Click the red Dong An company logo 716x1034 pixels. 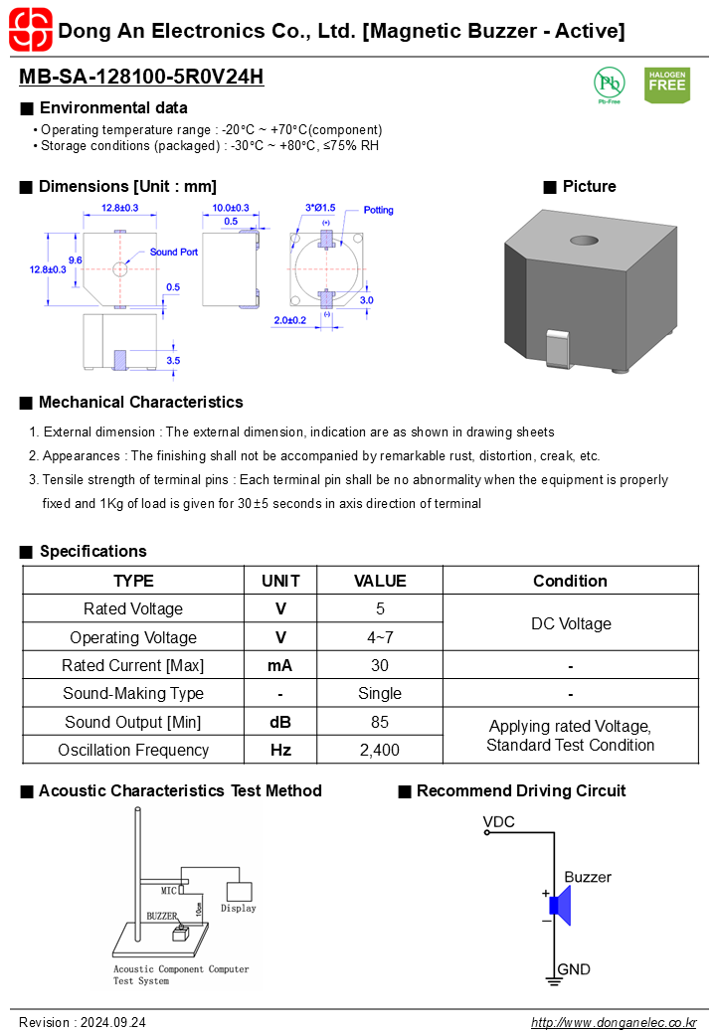[x=30, y=30]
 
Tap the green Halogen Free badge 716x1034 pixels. [x=666, y=86]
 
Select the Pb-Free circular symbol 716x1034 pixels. [x=610, y=84]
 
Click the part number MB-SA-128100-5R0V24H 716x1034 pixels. [x=141, y=77]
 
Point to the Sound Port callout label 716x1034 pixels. [x=173, y=252]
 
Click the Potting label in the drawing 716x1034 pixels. [x=379, y=210]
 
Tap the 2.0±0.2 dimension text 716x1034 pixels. [x=290, y=320]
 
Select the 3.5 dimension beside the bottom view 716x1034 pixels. [x=173, y=361]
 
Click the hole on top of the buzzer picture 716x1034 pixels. [x=584, y=241]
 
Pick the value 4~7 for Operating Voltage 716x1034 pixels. [x=380, y=637]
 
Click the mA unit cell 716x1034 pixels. [x=280, y=665]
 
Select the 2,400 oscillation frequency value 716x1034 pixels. [x=380, y=750]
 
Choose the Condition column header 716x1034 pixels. [x=570, y=581]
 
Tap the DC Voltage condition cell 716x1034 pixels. [x=571, y=623]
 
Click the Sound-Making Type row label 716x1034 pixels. [x=133, y=694]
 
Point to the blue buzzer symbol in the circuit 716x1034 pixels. [x=561, y=906]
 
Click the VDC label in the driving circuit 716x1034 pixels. [x=498, y=822]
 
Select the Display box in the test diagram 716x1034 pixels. [x=239, y=892]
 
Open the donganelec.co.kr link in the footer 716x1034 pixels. [x=614, y=1022]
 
